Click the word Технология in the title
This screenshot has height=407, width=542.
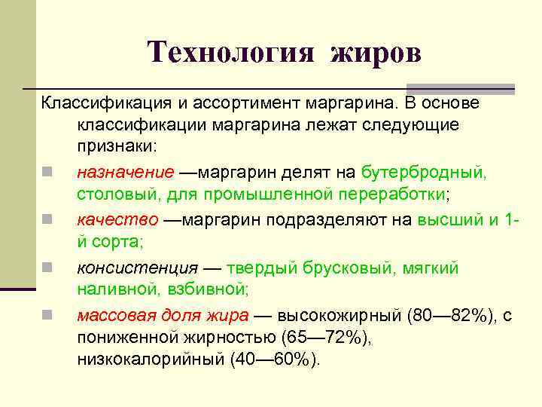[229, 52]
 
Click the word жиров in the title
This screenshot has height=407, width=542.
[374, 52]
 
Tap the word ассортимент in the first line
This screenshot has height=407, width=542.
[218, 102]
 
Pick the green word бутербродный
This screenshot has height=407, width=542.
[424, 172]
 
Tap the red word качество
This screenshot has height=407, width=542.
[117, 220]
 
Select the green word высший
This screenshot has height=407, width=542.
[449, 220]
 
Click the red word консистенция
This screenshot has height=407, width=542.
[138, 268]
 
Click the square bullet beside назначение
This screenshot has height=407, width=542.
[47, 173]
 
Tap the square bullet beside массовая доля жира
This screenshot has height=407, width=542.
[47, 316]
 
